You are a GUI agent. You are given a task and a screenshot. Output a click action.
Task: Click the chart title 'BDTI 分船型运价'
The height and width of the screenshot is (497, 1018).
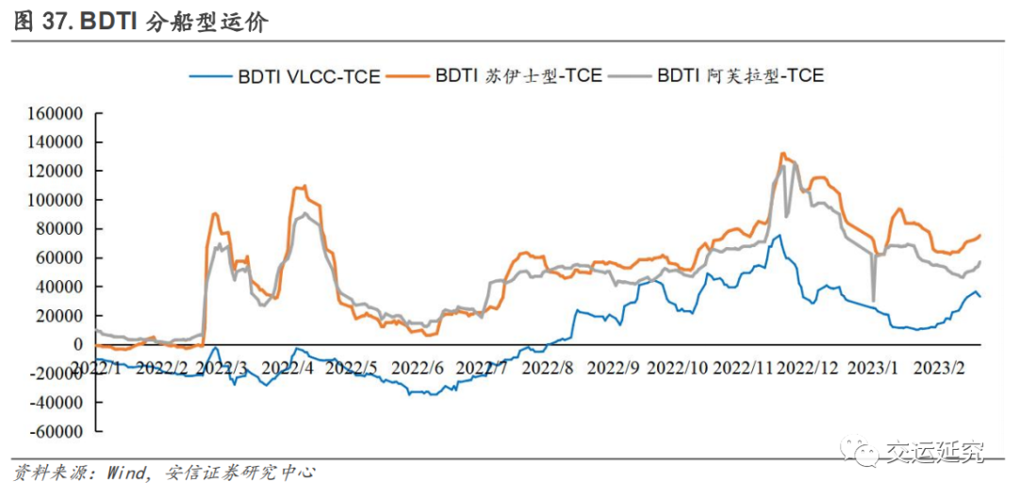pyautogui.click(x=175, y=21)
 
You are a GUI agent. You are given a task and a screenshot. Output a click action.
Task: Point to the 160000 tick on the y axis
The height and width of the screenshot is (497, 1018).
pyautogui.click(x=56, y=113)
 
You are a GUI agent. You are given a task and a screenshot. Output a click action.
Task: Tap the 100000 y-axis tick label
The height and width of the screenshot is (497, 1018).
pyautogui.click(x=56, y=200)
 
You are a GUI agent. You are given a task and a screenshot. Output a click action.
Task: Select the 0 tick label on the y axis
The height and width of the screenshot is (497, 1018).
pyautogui.click(x=79, y=344)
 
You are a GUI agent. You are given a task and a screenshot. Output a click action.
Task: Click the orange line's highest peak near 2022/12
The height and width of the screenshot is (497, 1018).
pyautogui.click(x=782, y=153)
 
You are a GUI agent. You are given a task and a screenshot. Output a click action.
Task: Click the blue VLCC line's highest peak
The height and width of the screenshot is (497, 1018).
pyautogui.click(x=779, y=236)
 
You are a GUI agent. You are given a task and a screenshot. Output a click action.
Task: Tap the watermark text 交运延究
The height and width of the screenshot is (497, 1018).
pyautogui.click(x=933, y=453)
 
